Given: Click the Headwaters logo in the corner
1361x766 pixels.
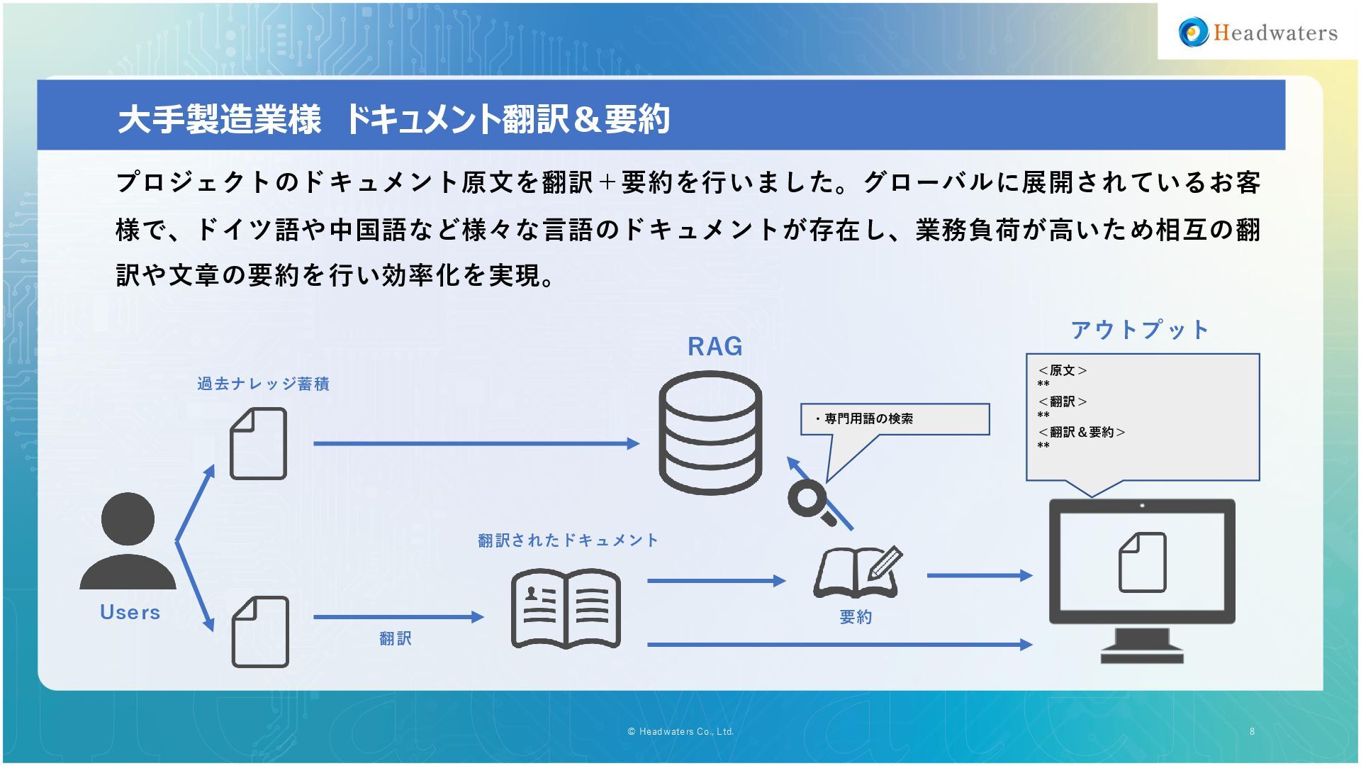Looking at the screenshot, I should [1258, 33].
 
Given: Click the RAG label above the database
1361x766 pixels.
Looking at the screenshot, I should [715, 347].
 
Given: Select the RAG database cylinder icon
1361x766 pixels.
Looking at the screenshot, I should [710, 433].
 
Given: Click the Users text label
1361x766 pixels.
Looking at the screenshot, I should [130, 612].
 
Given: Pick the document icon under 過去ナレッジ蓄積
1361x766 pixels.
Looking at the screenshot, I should [258, 444].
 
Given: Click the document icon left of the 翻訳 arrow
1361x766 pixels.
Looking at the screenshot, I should [260, 632].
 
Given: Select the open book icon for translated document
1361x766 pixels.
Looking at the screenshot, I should [566, 609].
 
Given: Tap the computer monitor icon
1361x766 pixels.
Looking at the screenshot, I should [1142, 578].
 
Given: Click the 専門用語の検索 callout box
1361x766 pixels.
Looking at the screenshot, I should [895, 419].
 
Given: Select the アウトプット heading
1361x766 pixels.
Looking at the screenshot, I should [1140, 330].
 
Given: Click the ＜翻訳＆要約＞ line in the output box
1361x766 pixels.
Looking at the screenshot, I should [1081, 432].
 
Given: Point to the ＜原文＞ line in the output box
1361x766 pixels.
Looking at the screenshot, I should [1062, 370].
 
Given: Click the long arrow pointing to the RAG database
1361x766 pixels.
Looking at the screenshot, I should [476, 444].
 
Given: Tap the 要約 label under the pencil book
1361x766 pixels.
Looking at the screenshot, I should [856, 617].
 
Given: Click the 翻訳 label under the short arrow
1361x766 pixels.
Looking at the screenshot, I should [395, 639].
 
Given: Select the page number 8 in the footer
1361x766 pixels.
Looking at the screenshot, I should [1252, 731].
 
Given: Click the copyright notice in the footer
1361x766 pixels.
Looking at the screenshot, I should [680, 731].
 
